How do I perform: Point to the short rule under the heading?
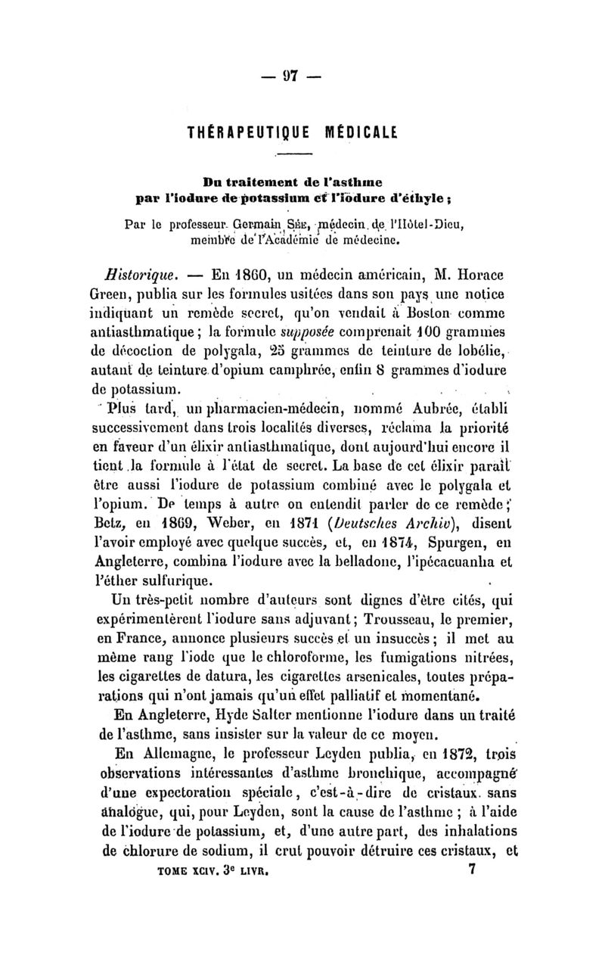point(300,154)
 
